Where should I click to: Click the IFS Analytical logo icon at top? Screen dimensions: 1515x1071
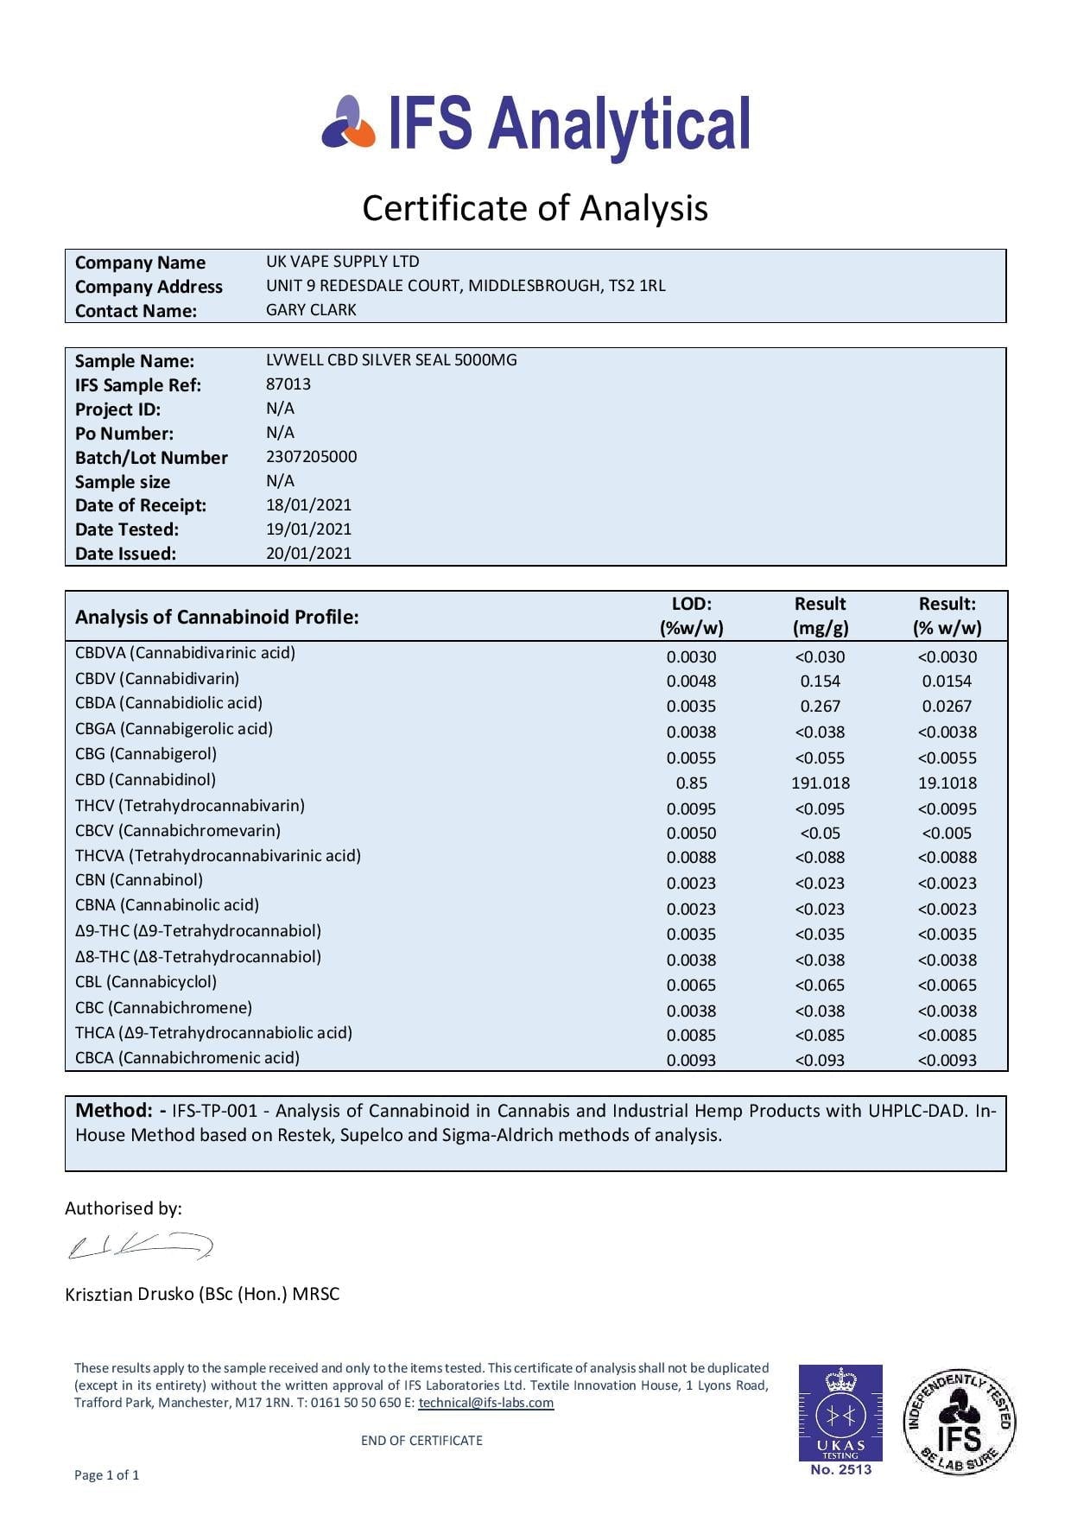coord(349,123)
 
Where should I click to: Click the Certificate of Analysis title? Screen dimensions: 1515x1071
coord(535,208)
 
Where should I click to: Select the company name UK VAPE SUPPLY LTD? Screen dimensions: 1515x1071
coord(342,261)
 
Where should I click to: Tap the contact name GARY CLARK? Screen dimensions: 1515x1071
coord(311,309)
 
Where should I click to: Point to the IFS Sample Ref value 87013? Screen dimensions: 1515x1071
coord(288,384)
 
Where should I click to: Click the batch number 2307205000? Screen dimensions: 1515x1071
coord(311,456)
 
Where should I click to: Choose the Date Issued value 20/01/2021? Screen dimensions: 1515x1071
coord(308,553)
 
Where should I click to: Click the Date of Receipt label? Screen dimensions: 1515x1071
coord(141,505)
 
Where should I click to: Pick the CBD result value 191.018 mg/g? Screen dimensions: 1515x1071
coord(820,783)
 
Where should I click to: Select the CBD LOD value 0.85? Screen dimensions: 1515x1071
coord(691,783)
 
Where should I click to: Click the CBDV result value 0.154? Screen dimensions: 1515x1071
coord(820,681)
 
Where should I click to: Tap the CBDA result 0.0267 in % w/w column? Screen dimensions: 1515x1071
coord(947,706)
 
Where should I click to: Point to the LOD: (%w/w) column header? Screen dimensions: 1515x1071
coord(691,616)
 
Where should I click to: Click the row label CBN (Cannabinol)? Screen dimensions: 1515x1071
coord(139,879)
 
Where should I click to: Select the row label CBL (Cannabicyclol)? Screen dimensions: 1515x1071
coord(146,981)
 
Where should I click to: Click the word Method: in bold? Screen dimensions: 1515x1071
coord(114,1110)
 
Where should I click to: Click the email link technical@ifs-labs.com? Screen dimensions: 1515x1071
coord(485,1402)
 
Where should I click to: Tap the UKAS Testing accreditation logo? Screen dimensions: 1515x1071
coord(840,1419)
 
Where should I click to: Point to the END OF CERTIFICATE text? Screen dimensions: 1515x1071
coord(421,1440)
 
